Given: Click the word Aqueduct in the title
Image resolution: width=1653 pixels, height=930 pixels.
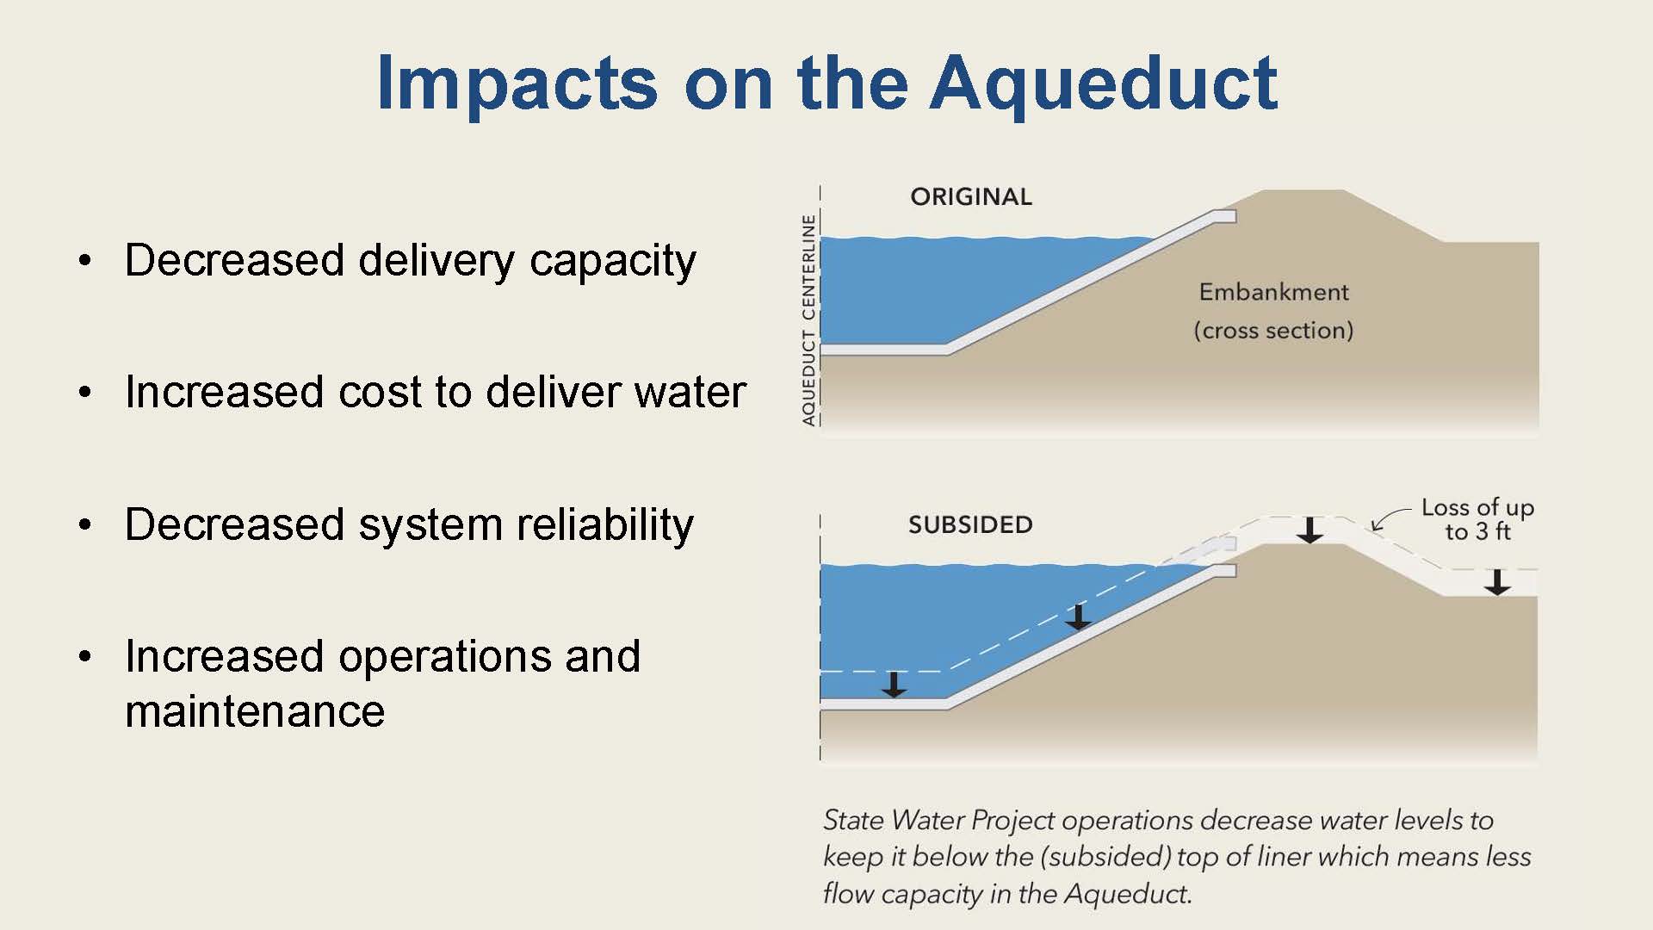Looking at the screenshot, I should click(x=1104, y=84).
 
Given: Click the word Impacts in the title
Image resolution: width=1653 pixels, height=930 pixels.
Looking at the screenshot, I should click(x=517, y=84).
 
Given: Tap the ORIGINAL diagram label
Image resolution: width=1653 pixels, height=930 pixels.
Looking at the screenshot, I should click(x=971, y=197).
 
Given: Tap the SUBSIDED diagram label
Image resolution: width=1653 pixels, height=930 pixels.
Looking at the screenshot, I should click(x=970, y=524).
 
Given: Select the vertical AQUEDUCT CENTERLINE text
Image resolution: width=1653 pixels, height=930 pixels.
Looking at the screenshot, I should click(x=808, y=320).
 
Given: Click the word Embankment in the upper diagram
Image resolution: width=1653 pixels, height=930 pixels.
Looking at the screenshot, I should click(x=1273, y=292).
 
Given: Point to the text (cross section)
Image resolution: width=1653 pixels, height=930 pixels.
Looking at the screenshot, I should click(x=1273, y=331).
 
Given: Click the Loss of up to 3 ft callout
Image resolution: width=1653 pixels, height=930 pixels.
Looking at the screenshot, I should click(x=1477, y=519).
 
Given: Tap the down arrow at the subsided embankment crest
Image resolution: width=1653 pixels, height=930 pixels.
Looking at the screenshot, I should click(x=1309, y=530).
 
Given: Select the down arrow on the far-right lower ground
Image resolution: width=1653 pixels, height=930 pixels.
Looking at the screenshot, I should click(x=1497, y=582).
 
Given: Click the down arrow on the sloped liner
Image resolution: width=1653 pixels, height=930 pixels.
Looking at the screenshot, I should click(x=1077, y=617).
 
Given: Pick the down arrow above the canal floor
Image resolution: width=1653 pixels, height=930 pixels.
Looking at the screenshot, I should click(x=895, y=685).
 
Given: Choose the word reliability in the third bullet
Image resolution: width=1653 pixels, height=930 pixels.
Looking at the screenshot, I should click(x=598, y=524).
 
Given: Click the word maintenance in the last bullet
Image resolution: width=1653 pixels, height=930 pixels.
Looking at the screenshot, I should click(x=255, y=711).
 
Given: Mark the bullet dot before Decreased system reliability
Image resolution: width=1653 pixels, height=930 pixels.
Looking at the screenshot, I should click(x=84, y=524).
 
